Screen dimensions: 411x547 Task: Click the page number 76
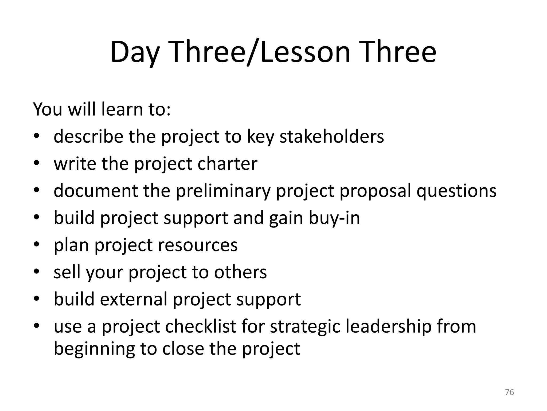(x=510, y=392)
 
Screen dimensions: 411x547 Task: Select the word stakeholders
(x=331, y=136)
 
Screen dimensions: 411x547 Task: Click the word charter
(x=227, y=163)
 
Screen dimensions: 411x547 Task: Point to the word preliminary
(x=223, y=191)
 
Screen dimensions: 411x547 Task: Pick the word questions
(x=456, y=191)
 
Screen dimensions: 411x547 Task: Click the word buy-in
(x=334, y=218)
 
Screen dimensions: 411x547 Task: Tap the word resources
(x=198, y=245)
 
